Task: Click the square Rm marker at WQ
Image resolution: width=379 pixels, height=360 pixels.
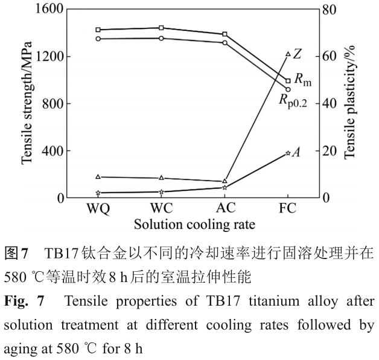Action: (x=98, y=30)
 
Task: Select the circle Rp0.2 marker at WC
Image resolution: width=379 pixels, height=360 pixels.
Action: (x=161, y=38)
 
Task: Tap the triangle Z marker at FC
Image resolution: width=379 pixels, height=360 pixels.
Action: (x=288, y=54)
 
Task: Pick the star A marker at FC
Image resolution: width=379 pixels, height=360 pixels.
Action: (x=288, y=153)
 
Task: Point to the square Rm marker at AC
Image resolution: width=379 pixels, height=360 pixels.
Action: (x=225, y=34)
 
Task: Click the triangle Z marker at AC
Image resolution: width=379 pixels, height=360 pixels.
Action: (x=225, y=181)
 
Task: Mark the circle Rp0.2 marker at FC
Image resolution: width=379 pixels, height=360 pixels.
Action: (x=288, y=89)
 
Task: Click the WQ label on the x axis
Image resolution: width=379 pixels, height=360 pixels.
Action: (x=98, y=208)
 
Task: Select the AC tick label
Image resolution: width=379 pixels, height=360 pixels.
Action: (x=225, y=208)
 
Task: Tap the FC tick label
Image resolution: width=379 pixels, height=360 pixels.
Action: (x=288, y=208)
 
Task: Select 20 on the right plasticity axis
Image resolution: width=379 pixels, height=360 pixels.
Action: (x=331, y=151)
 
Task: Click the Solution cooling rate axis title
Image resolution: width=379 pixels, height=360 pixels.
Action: (x=194, y=224)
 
